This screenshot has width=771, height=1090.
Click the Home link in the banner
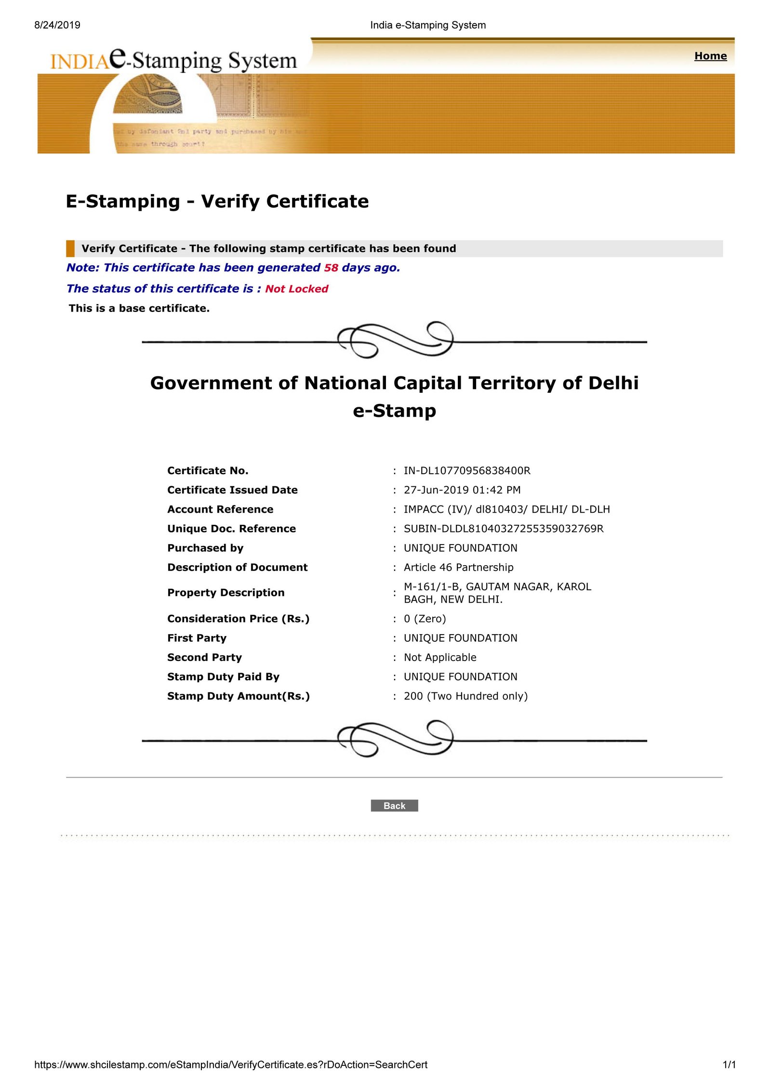710,56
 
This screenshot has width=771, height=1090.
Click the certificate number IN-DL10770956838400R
466,470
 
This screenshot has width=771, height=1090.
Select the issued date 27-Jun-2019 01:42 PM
462,490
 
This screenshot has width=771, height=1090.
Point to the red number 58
331,268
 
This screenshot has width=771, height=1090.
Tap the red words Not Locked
296,289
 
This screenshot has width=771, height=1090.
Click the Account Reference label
220,509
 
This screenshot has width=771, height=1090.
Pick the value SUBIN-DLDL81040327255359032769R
503,529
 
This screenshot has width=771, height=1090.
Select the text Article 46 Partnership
458,567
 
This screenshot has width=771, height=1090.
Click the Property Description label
226,593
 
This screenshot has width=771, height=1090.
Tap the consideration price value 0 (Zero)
425,619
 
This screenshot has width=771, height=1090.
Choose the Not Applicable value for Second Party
439,657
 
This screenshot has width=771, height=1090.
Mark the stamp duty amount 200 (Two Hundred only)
465,696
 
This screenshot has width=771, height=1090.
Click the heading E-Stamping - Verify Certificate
217,201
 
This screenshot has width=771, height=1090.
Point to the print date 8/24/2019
57,25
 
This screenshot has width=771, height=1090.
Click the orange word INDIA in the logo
80,62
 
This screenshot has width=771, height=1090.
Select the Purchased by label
205,548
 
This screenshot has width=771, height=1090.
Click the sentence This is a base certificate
139,308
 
